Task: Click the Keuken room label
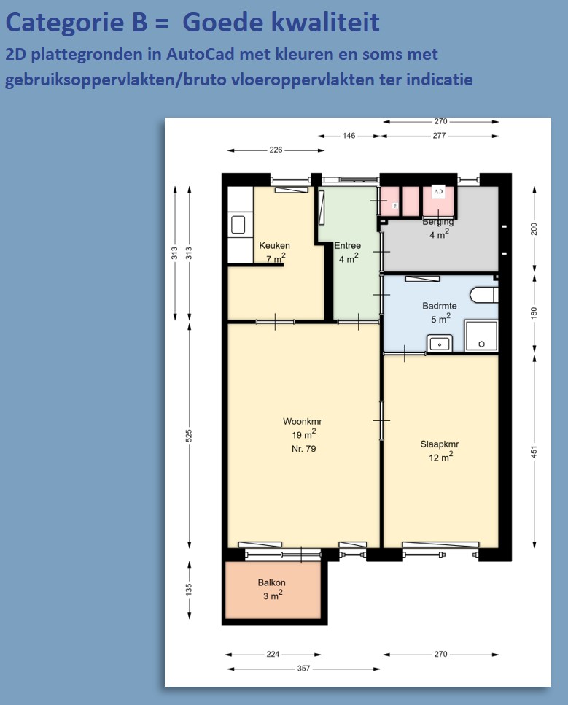click(275, 245)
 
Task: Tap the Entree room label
click(347, 245)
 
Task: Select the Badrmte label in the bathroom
click(440, 306)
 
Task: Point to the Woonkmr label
click(303, 421)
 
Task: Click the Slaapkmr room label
click(440, 444)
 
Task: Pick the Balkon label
click(271, 582)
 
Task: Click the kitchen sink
click(238, 224)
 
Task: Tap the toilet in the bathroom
click(484, 295)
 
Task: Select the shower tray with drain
click(481, 336)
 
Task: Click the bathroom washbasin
click(440, 344)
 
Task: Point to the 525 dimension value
click(189, 435)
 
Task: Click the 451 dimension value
click(534, 452)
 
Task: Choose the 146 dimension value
click(349, 135)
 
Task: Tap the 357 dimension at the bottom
click(304, 668)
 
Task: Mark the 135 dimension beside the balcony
click(189, 589)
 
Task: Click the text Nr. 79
click(304, 448)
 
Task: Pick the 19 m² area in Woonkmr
click(304, 434)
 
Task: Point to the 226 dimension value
click(276, 150)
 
